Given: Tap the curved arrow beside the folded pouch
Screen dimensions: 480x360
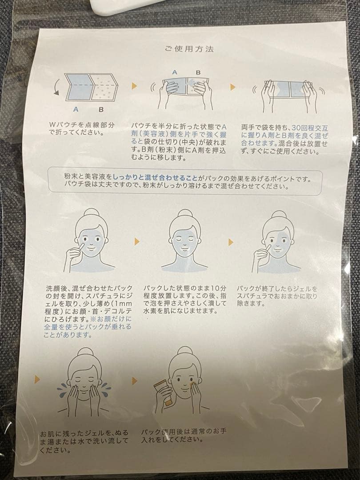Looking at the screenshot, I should [x=56, y=87].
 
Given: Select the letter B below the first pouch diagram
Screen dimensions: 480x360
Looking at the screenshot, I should [x=101, y=109].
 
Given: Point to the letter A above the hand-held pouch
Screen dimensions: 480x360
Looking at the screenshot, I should [x=175, y=72].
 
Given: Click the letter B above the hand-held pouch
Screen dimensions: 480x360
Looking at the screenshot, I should [x=198, y=72].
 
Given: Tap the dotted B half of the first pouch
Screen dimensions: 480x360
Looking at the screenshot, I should [x=104, y=90].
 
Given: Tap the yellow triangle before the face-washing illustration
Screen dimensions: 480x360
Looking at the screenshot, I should [x=37, y=378].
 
